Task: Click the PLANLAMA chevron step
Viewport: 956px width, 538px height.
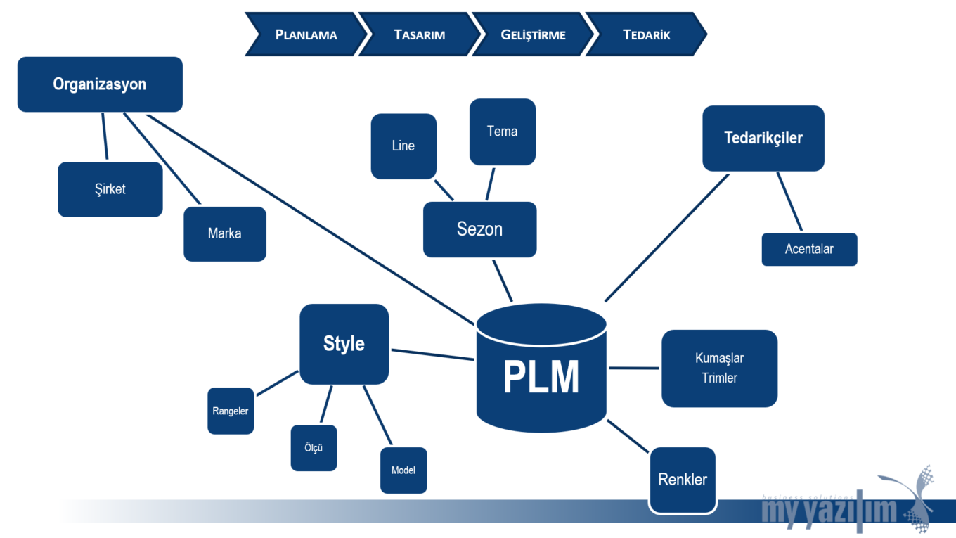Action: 306,34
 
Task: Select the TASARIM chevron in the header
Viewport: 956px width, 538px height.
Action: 420,34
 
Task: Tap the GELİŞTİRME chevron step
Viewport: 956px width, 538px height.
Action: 533,34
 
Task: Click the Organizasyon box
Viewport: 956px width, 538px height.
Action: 100,84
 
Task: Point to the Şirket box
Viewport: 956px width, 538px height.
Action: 110,189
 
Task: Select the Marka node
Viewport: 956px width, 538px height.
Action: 225,233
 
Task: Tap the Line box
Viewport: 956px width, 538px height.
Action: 403,146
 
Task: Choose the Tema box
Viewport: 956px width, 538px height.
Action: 502,132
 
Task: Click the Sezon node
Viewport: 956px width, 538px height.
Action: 479,229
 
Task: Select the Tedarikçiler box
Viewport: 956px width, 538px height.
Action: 763,138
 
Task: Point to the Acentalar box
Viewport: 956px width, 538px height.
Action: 809,249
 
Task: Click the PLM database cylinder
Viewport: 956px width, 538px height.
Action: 541,373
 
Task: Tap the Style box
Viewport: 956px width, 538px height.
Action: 344,344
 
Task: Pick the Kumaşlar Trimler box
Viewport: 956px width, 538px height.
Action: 719,368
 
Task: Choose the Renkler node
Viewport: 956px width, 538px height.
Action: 683,480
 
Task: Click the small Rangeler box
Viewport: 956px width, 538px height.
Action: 231,411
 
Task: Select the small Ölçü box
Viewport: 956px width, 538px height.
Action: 314,448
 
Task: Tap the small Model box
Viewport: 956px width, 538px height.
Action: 403,470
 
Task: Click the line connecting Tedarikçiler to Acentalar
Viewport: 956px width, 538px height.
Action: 789,202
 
